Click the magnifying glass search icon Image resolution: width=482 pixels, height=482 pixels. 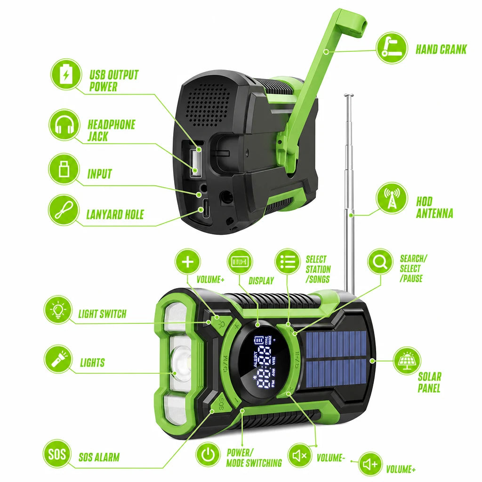pyautogui.click(x=380, y=262)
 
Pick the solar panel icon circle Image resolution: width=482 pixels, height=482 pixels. pyautogui.click(x=407, y=361)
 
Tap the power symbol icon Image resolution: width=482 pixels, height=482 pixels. pyautogui.click(x=208, y=454)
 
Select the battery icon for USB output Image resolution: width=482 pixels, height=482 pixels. pyautogui.click(x=66, y=74)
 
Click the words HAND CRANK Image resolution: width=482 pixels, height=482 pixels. pyautogui.click(x=441, y=49)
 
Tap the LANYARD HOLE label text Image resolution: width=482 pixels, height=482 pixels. pyautogui.click(x=115, y=215)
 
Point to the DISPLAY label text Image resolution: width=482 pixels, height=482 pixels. pyautogui.click(x=261, y=281)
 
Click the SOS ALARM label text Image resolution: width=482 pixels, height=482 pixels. pyautogui.click(x=99, y=457)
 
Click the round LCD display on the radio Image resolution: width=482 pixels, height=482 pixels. pyautogui.click(x=262, y=361)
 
